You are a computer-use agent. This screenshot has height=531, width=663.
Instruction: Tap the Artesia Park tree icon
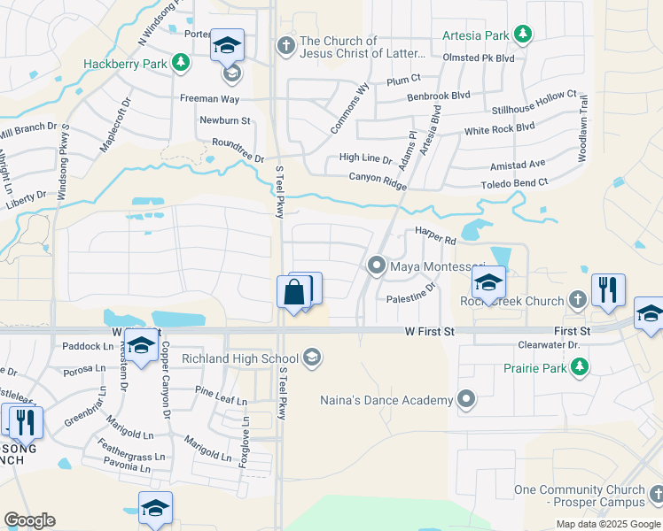click(x=523, y=35)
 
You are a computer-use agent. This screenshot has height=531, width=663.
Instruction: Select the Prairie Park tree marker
click(x=580, y=365)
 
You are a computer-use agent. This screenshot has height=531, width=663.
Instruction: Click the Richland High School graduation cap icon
click(x=310, y=358)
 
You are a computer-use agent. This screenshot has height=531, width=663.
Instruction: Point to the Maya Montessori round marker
click(x=377, y=265)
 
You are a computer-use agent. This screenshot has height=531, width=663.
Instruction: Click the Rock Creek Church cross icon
click(x=577, y=300)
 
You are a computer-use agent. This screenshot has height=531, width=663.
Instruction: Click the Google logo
click(x=29, y=519)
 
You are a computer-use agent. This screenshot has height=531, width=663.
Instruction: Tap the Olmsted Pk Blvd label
click(x=480, y=58)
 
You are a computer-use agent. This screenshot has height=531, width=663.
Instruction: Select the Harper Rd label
click(x=435, y=239)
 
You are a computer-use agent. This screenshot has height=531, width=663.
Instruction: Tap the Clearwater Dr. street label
click(x=549, y=345)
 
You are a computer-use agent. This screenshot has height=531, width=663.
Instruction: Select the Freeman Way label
click(x=210, y=98)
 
